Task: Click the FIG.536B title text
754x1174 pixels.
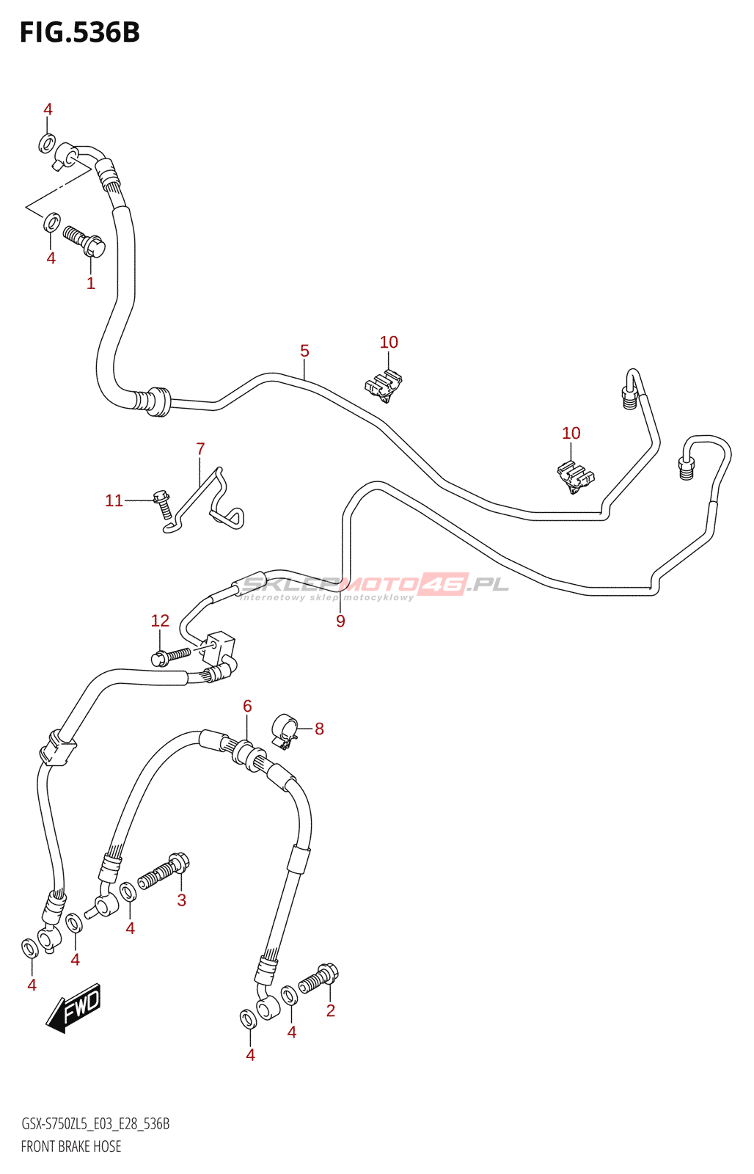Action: coord(79,33)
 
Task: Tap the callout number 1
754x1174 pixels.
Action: coord(91,283)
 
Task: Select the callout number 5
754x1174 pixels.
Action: coord(304,351)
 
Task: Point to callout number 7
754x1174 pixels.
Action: coord(200,448)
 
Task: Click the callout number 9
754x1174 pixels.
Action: coord(340,621)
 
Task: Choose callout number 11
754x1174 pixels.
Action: coord(114,500)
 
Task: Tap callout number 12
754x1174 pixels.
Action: coord(160,621)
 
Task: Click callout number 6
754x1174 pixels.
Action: coord(247,706)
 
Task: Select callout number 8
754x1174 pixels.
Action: coord(319,729)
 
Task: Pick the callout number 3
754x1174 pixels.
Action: coord(182,900)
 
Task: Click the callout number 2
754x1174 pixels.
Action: coord(331,1010)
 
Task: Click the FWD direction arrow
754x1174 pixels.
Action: coord(74,1007)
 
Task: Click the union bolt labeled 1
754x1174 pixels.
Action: coord(85,240)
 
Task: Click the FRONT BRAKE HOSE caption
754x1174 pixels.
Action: coord(71,1146)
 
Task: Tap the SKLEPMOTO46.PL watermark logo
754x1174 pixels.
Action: coord(374,586)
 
